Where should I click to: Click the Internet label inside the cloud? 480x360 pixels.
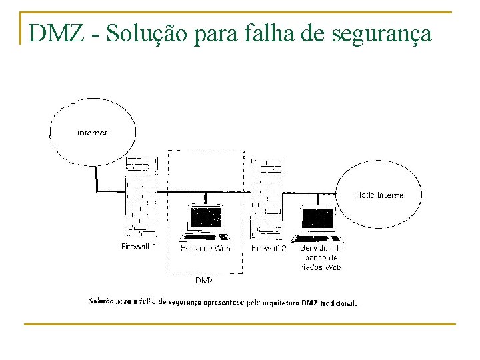(x=92, y=133)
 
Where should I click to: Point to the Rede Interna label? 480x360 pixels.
(x=379, y=195)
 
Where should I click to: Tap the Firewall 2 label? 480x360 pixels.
(x=269, y=248)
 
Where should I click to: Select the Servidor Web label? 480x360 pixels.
(x=205, y=248)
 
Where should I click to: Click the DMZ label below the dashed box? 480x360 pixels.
(x=204, y=281)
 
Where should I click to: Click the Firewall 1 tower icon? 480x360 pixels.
(x=141, y=196)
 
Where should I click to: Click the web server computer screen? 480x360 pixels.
(x=205, y=218)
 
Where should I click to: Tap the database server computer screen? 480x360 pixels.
(x=318, y=218)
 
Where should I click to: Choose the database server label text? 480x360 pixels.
(x=322, y=257)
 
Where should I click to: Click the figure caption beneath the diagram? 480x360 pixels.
(x=223, y=301)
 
